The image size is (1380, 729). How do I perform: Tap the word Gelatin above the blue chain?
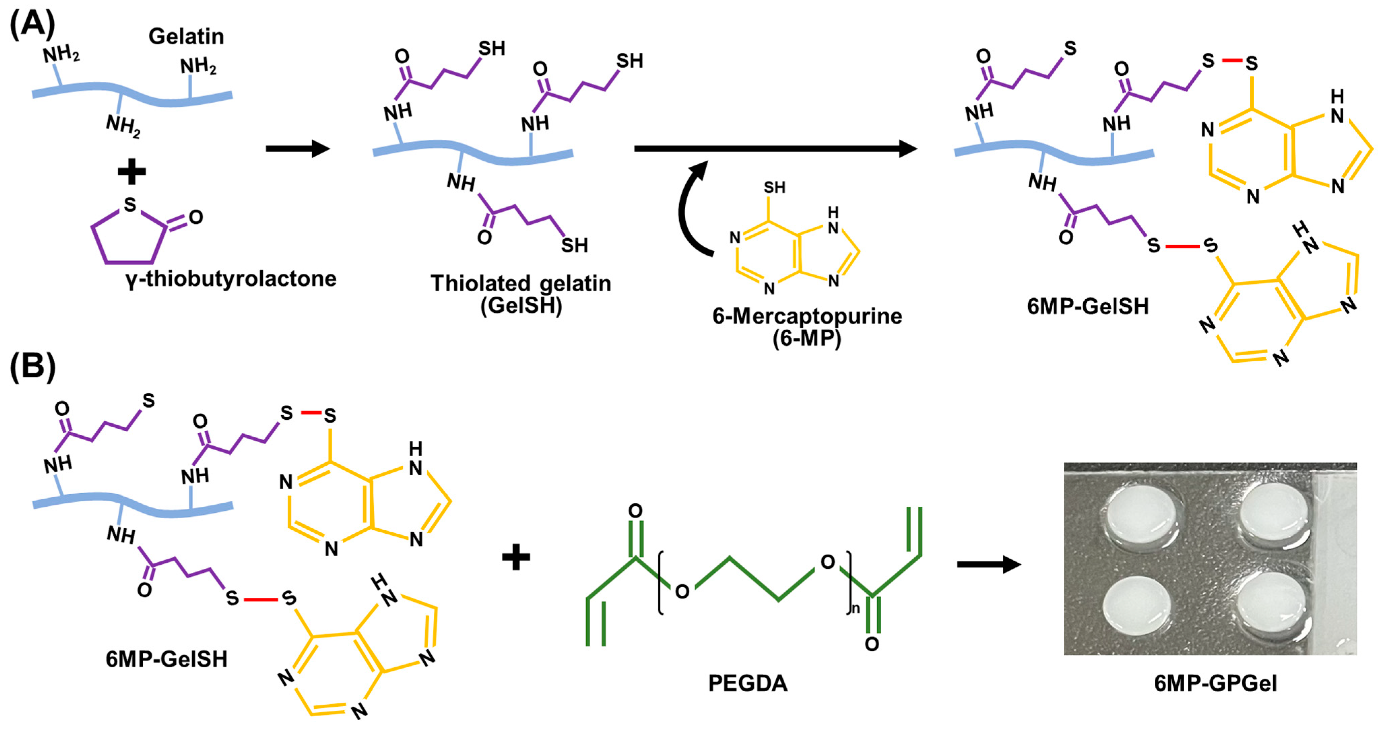click(186, 36)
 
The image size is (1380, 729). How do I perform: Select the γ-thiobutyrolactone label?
click(231, 278)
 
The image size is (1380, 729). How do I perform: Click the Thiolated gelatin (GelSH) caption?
click(521, 294)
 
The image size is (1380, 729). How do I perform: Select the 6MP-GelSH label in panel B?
click(166, 659)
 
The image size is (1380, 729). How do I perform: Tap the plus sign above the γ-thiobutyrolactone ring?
click(131, 172)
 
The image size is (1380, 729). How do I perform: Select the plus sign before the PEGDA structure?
click(516, 557)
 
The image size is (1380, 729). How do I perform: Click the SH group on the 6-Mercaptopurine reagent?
click(774, 188)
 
